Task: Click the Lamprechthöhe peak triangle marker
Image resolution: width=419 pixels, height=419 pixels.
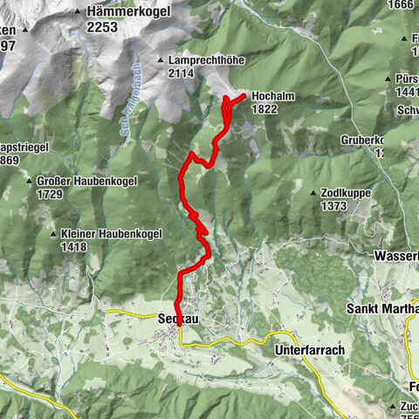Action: click(161, 59)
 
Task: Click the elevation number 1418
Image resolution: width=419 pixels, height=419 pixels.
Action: click(74, 247)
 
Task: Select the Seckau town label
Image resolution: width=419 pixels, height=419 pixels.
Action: click(179, 320)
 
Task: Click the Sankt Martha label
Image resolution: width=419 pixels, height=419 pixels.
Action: click(382, 309)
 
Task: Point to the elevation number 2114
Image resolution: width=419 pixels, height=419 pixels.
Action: click(175, 73)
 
